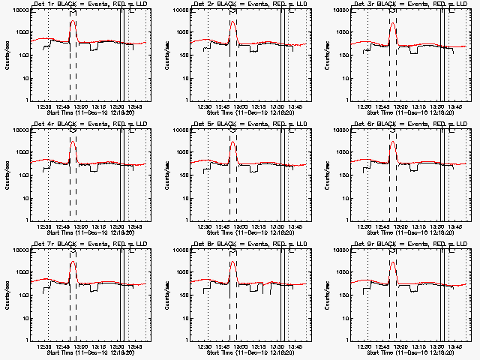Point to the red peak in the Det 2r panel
tap(232, 22)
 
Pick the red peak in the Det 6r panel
tap(392, 142)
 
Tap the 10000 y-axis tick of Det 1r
tap(19, 10)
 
